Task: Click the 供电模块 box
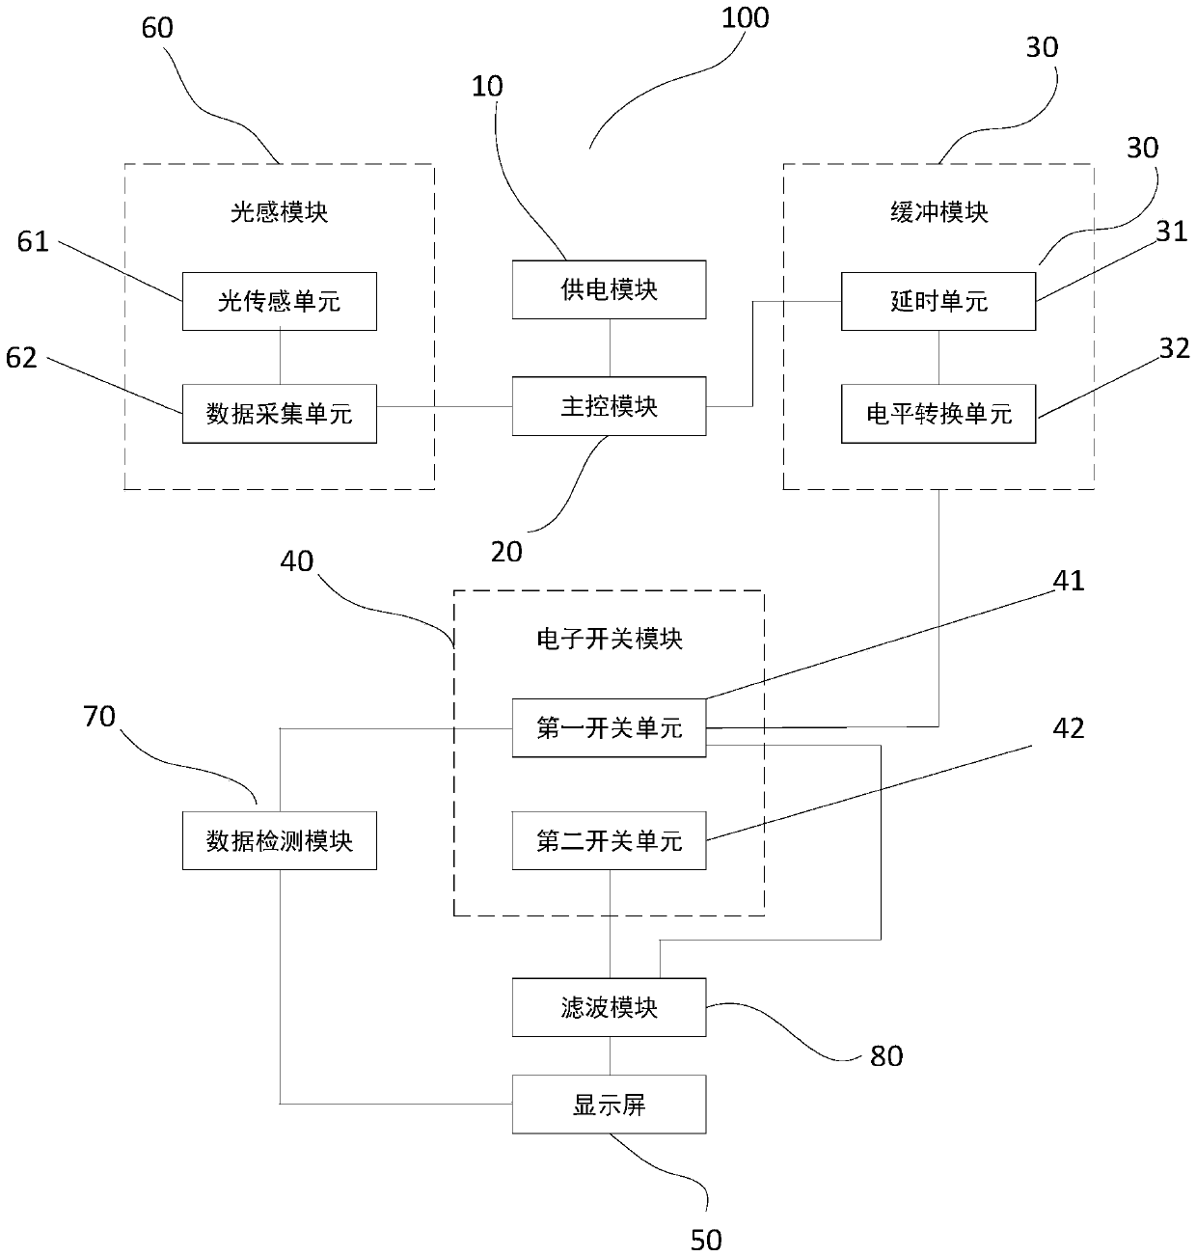tap(609, 289)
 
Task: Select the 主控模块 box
tap(609, 406)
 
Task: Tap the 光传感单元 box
tap(279, 302)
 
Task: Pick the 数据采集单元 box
tap(279, 414)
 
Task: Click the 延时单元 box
tap(938, 302)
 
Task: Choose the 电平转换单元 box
tap(938, 414)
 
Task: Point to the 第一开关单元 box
tap(609, 727)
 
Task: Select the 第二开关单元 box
tap(609, 841)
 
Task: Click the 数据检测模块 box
tap(279, 841)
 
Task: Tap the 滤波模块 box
tap(609, 1008)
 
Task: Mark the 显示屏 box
tap(609, 1105)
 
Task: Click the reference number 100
tap(745, 17)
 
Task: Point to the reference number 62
tap(21, 358)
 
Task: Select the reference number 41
tap(1069, 581)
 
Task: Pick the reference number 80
tap(886, 1056)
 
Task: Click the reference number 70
tap(99, 717)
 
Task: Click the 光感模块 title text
tap(279, 212)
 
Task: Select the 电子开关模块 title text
tap(609, 639)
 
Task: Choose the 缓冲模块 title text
tap(938, 212)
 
